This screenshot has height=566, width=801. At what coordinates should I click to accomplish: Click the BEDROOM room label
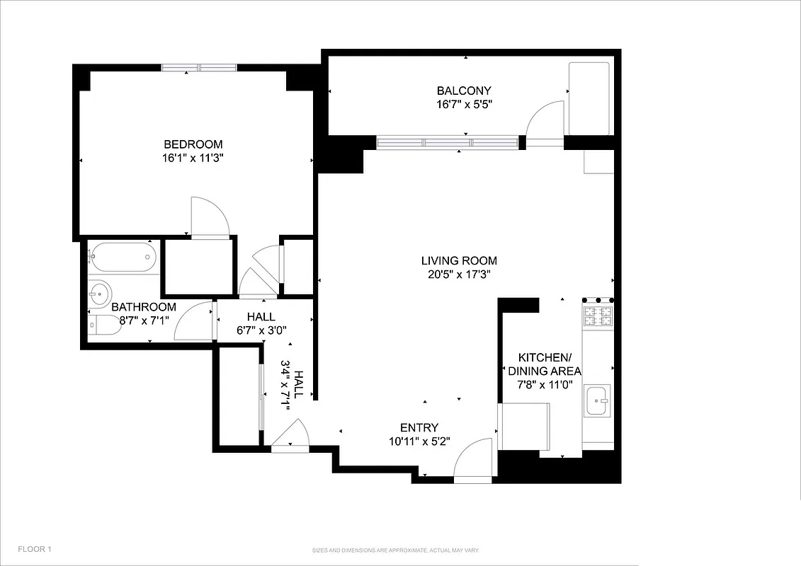193,144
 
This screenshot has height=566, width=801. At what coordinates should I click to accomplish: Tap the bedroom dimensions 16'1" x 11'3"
193,158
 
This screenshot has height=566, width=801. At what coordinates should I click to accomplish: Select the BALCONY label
464,91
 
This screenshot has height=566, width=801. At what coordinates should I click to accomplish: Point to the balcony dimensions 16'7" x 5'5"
464,105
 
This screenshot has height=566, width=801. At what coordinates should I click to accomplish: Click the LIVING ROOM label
459,260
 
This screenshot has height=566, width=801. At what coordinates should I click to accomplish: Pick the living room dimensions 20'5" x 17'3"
459,275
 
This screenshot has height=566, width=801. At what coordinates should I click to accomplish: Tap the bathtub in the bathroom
122,257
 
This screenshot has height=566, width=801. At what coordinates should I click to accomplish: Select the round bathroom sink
100,290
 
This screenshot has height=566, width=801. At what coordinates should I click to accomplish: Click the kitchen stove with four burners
597,316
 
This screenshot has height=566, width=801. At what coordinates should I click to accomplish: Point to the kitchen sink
597,401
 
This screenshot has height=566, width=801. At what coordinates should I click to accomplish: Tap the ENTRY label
419,427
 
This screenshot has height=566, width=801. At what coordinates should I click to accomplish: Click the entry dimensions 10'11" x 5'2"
419,441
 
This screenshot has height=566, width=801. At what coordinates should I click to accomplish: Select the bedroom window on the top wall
199,68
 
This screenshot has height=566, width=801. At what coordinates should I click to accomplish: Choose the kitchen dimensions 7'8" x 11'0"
545,386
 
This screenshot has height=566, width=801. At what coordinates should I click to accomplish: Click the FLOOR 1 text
35,549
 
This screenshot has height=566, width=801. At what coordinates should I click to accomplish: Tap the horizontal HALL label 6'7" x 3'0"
261,323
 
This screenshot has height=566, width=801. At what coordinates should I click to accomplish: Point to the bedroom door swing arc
210,216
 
